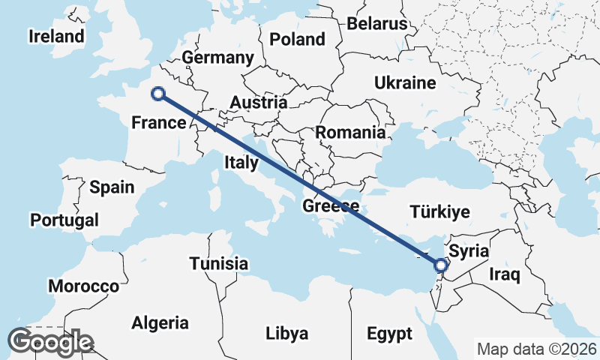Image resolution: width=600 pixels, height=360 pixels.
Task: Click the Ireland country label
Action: coord(56,36)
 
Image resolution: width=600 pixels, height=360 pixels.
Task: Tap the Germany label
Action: coord(217,58)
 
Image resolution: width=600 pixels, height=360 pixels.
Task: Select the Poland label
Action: coord(297,39)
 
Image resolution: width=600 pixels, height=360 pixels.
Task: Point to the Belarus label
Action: coord(376,24)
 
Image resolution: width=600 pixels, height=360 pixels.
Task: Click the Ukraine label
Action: coord(405,82)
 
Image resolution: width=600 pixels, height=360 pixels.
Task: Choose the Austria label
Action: coord(259,102)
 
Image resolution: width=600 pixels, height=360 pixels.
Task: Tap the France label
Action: coord(158,122)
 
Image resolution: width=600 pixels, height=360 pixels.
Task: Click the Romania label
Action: coord(350,133)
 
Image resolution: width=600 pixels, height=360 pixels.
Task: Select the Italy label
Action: coord(241,161)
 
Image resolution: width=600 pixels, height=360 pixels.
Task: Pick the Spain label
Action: coord(111,187)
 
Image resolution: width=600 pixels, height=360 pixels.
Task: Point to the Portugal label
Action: coord(64,220)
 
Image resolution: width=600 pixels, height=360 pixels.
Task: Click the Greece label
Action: coord(331,205)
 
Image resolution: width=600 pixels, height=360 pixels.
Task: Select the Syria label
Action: coord(469,251)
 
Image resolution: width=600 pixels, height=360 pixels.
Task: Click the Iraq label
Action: coord(504,274)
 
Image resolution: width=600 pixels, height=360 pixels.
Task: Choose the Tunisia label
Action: coord(218,264)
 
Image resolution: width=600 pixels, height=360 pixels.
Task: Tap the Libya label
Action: coord(286,332)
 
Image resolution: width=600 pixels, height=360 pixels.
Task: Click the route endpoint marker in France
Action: coord(158,94)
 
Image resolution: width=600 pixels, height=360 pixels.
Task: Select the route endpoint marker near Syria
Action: coord(441,265)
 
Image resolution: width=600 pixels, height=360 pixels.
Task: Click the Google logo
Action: coord(49,342)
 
